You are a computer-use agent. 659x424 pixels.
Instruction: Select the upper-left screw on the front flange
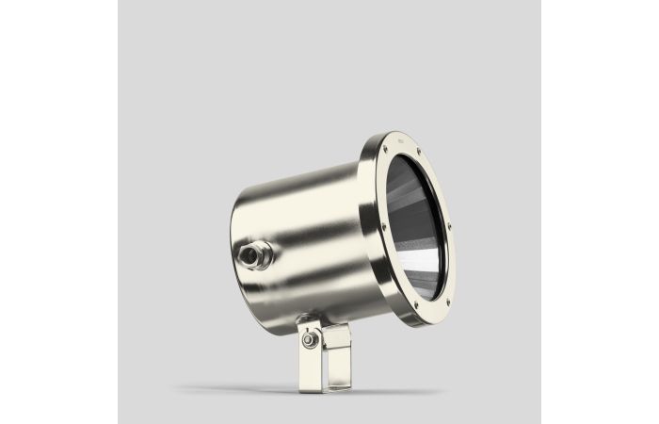click(385, 148)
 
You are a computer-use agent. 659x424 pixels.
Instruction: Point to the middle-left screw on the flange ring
click(383, 225)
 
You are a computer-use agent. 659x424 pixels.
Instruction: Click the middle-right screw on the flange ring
click(449, 226)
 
